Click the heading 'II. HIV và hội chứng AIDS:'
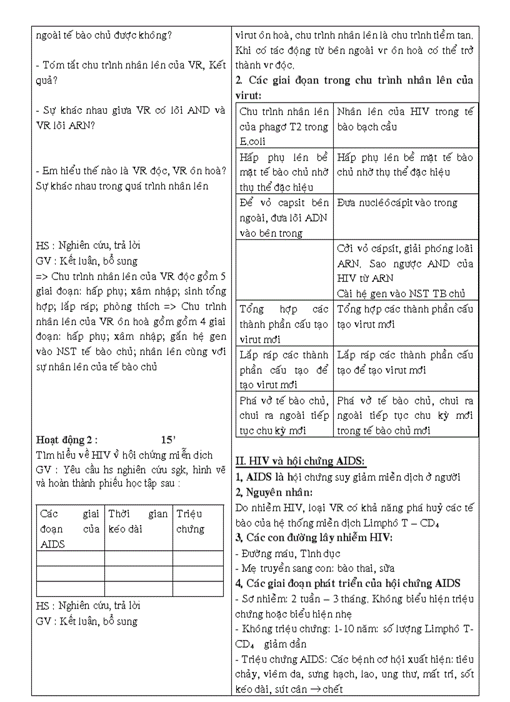point(300,461)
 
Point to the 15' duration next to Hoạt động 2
point(169,439)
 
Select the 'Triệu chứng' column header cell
point(197,521)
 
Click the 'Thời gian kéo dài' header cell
point(138,521)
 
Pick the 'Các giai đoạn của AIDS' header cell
point(69,528)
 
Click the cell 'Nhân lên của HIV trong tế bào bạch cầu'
point(405,119)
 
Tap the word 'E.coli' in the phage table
point(252,141)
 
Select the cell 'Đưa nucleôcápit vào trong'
point(405,203)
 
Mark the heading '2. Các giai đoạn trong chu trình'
point(354,80)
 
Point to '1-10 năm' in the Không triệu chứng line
point(334,629)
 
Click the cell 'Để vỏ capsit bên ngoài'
point(284,218)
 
